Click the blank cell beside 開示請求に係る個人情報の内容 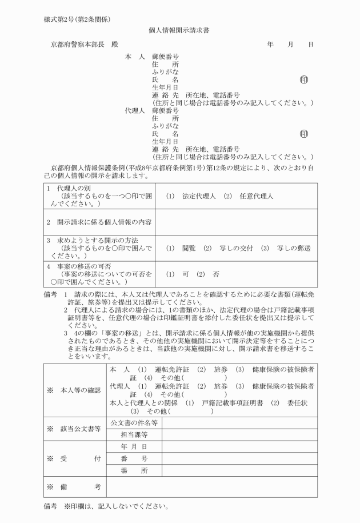pos(235,222)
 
